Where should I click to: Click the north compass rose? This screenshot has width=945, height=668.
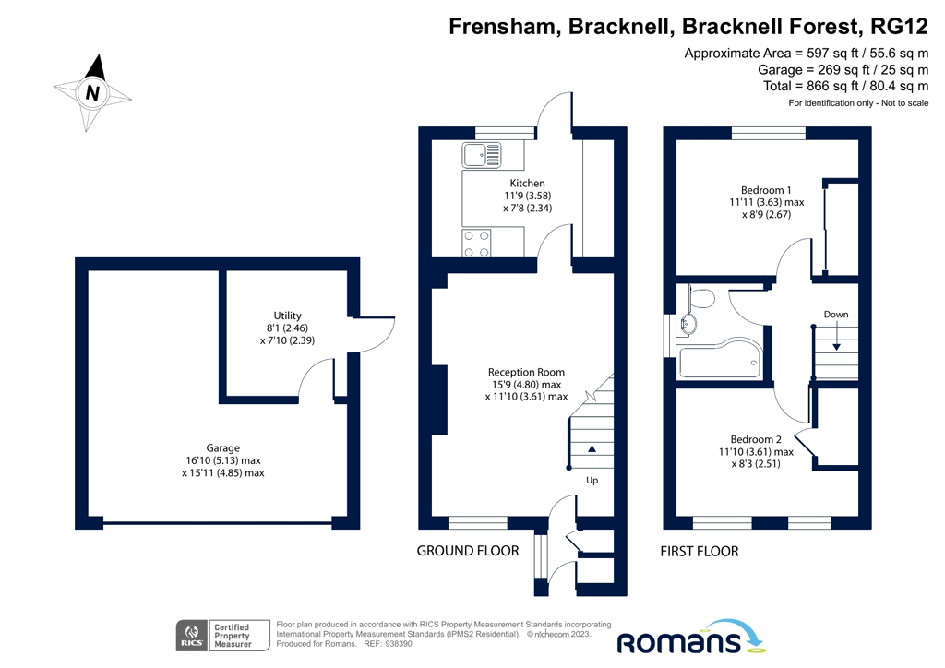[92, 91]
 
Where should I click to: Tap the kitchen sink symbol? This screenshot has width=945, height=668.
[482, 155]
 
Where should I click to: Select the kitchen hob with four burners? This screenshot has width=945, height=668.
[477, 243]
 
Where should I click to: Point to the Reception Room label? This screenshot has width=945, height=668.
[526, 372]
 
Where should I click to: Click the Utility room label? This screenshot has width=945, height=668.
[288, 316]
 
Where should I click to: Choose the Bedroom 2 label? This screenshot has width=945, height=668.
[756, 439]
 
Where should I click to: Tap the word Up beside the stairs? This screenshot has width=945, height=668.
[592, 481]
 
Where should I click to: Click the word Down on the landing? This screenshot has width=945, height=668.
[836, 315]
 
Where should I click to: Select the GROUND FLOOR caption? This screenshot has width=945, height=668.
[468, 551]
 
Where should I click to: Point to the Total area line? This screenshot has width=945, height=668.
[845, 86]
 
